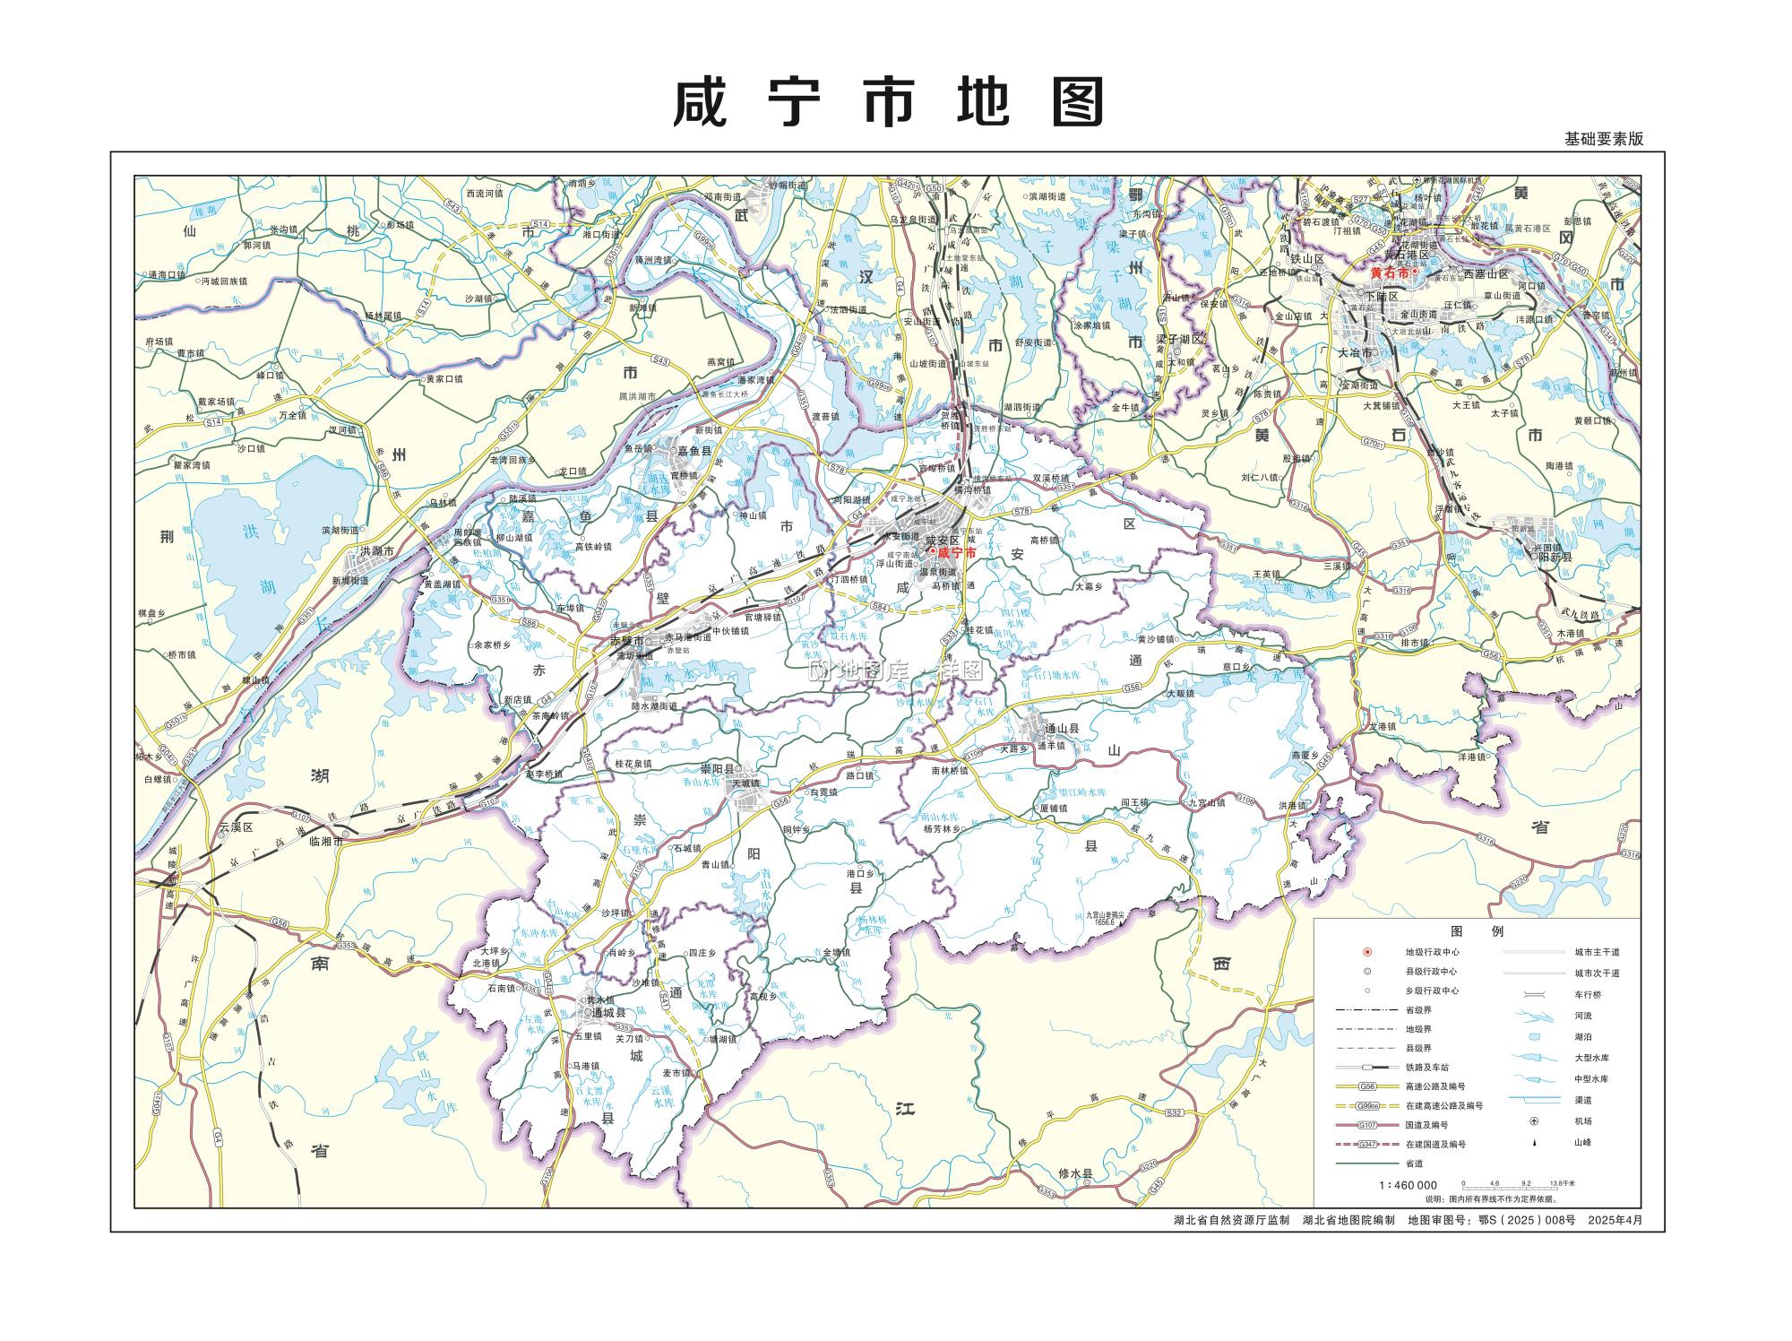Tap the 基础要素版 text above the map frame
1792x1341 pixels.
[x=1604, y=140]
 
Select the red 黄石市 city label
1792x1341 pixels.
[x=1391, y=272]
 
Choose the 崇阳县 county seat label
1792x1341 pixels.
[x=717, y=769]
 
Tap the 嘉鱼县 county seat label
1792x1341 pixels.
[x=694, y=452]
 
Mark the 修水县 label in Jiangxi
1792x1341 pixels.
[x=1076, y=1173]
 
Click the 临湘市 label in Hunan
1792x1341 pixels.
[x=327, y=841]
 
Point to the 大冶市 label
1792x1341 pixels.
[x=1355, y=353]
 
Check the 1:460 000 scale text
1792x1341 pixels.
[x=1408, y=1185]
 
